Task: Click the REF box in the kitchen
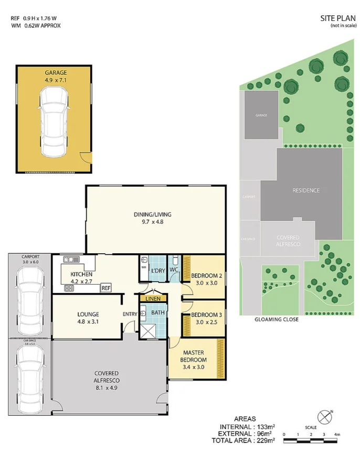point(106,288)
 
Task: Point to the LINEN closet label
point(153,298)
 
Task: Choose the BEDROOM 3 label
point(203,315)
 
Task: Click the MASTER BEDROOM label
point(194,356)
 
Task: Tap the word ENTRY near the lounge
point(130,314)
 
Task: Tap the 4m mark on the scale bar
point(337,435)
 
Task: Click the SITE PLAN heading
point(334,18)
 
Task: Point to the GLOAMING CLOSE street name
point(276,319)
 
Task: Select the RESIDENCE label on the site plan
point(306,190)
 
